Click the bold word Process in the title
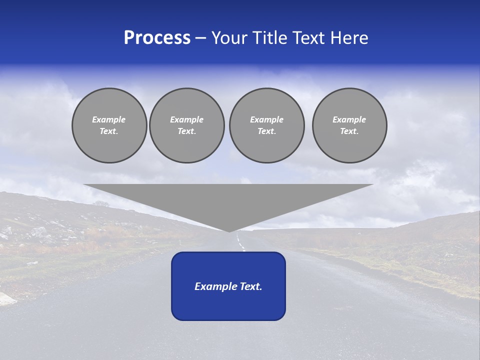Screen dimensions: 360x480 point(157,38)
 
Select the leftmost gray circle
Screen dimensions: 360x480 point(109,125)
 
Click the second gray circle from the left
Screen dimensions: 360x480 point(187,125)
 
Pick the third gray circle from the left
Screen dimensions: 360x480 point(267,125)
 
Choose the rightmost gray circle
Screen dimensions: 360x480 point(349,125)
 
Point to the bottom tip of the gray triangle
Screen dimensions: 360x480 point(229,230)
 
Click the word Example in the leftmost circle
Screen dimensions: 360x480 point(109,119)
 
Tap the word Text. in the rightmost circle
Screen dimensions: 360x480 point(349,131)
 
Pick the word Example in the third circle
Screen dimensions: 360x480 point(267,119)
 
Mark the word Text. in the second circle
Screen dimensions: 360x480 point(187,131)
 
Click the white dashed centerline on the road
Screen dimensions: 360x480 point(241,244)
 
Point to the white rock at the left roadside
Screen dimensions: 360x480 point(6,299)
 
